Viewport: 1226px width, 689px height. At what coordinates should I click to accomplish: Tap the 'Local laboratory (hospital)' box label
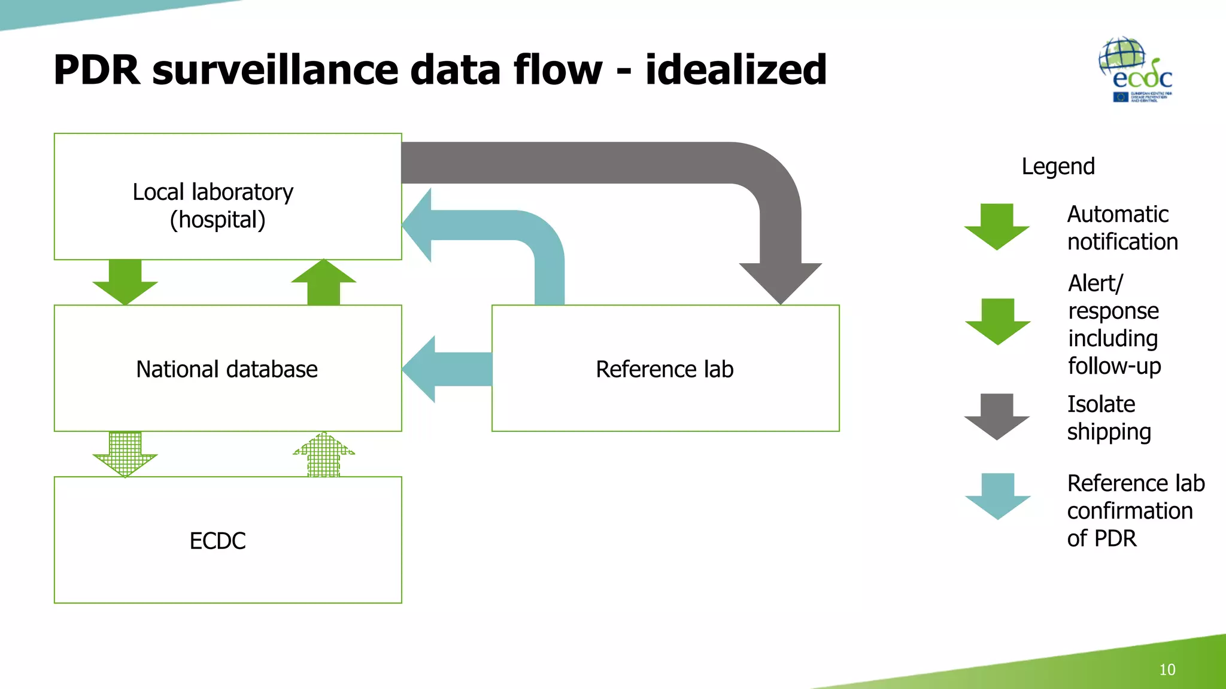coord(214,206)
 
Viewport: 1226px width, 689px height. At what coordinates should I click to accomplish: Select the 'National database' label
coord(227,369)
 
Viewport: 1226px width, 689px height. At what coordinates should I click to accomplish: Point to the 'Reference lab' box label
coord(664,369)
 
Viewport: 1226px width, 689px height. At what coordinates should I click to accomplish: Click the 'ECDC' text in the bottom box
coord(217,541)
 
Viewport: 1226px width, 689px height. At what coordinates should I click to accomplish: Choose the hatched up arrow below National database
coord(324,455)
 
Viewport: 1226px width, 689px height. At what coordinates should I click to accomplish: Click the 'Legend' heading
coord(1058,166)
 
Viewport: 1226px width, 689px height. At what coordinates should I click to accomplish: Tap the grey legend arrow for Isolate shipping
coord(997,416)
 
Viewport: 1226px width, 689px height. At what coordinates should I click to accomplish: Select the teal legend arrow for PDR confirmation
coord(997,496)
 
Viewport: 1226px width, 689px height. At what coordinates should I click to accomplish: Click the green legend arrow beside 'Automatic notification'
coord(997,227)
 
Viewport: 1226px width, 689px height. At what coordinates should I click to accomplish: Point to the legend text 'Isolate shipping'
coord(1109,418)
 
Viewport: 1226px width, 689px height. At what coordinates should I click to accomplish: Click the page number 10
coord(1167,669)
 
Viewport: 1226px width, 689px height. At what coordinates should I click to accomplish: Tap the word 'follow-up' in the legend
coord(1114,366)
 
